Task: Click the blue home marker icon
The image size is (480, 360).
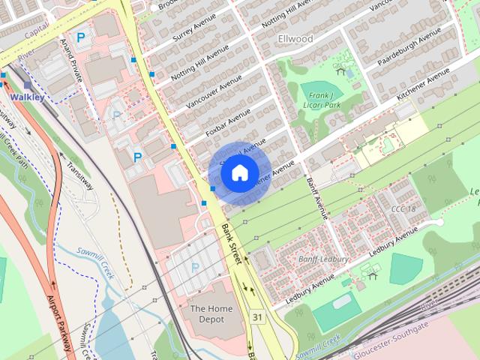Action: click(239, 172)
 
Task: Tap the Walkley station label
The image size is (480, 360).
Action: click(27, 97)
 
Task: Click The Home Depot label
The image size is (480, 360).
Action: click(207, 313)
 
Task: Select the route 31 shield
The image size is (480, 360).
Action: click(258, 318)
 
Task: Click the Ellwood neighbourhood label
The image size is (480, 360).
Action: click(295, 38)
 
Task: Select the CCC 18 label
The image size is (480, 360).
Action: click(403, 208)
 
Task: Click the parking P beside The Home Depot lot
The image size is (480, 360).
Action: click(195, 267)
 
